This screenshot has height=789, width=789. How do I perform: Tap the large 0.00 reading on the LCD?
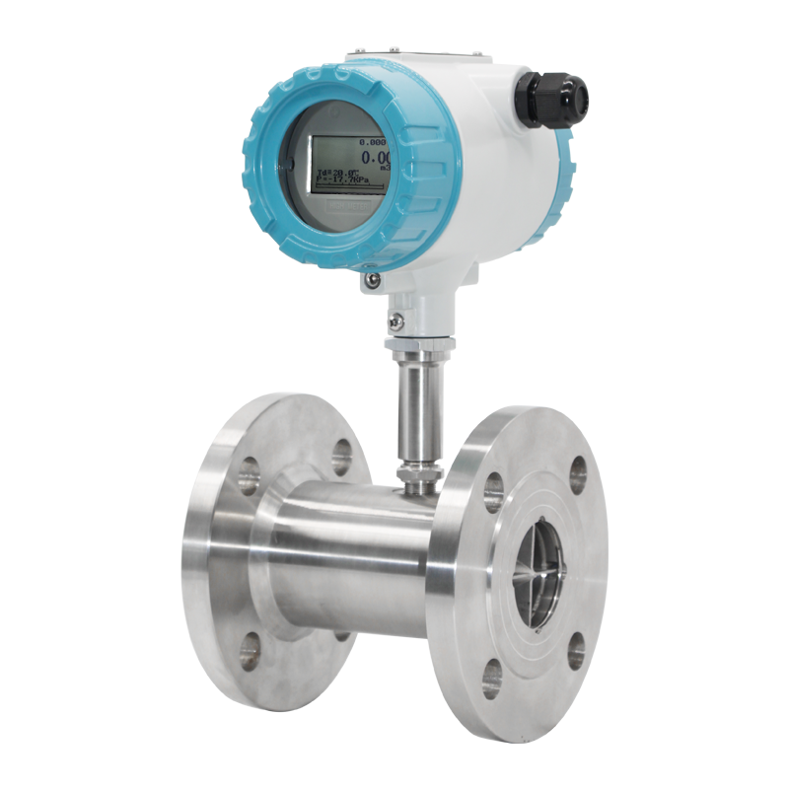[374, 157]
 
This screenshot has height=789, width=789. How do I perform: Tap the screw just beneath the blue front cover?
[372, 280]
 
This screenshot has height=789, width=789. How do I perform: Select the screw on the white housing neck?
[395, 321]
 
